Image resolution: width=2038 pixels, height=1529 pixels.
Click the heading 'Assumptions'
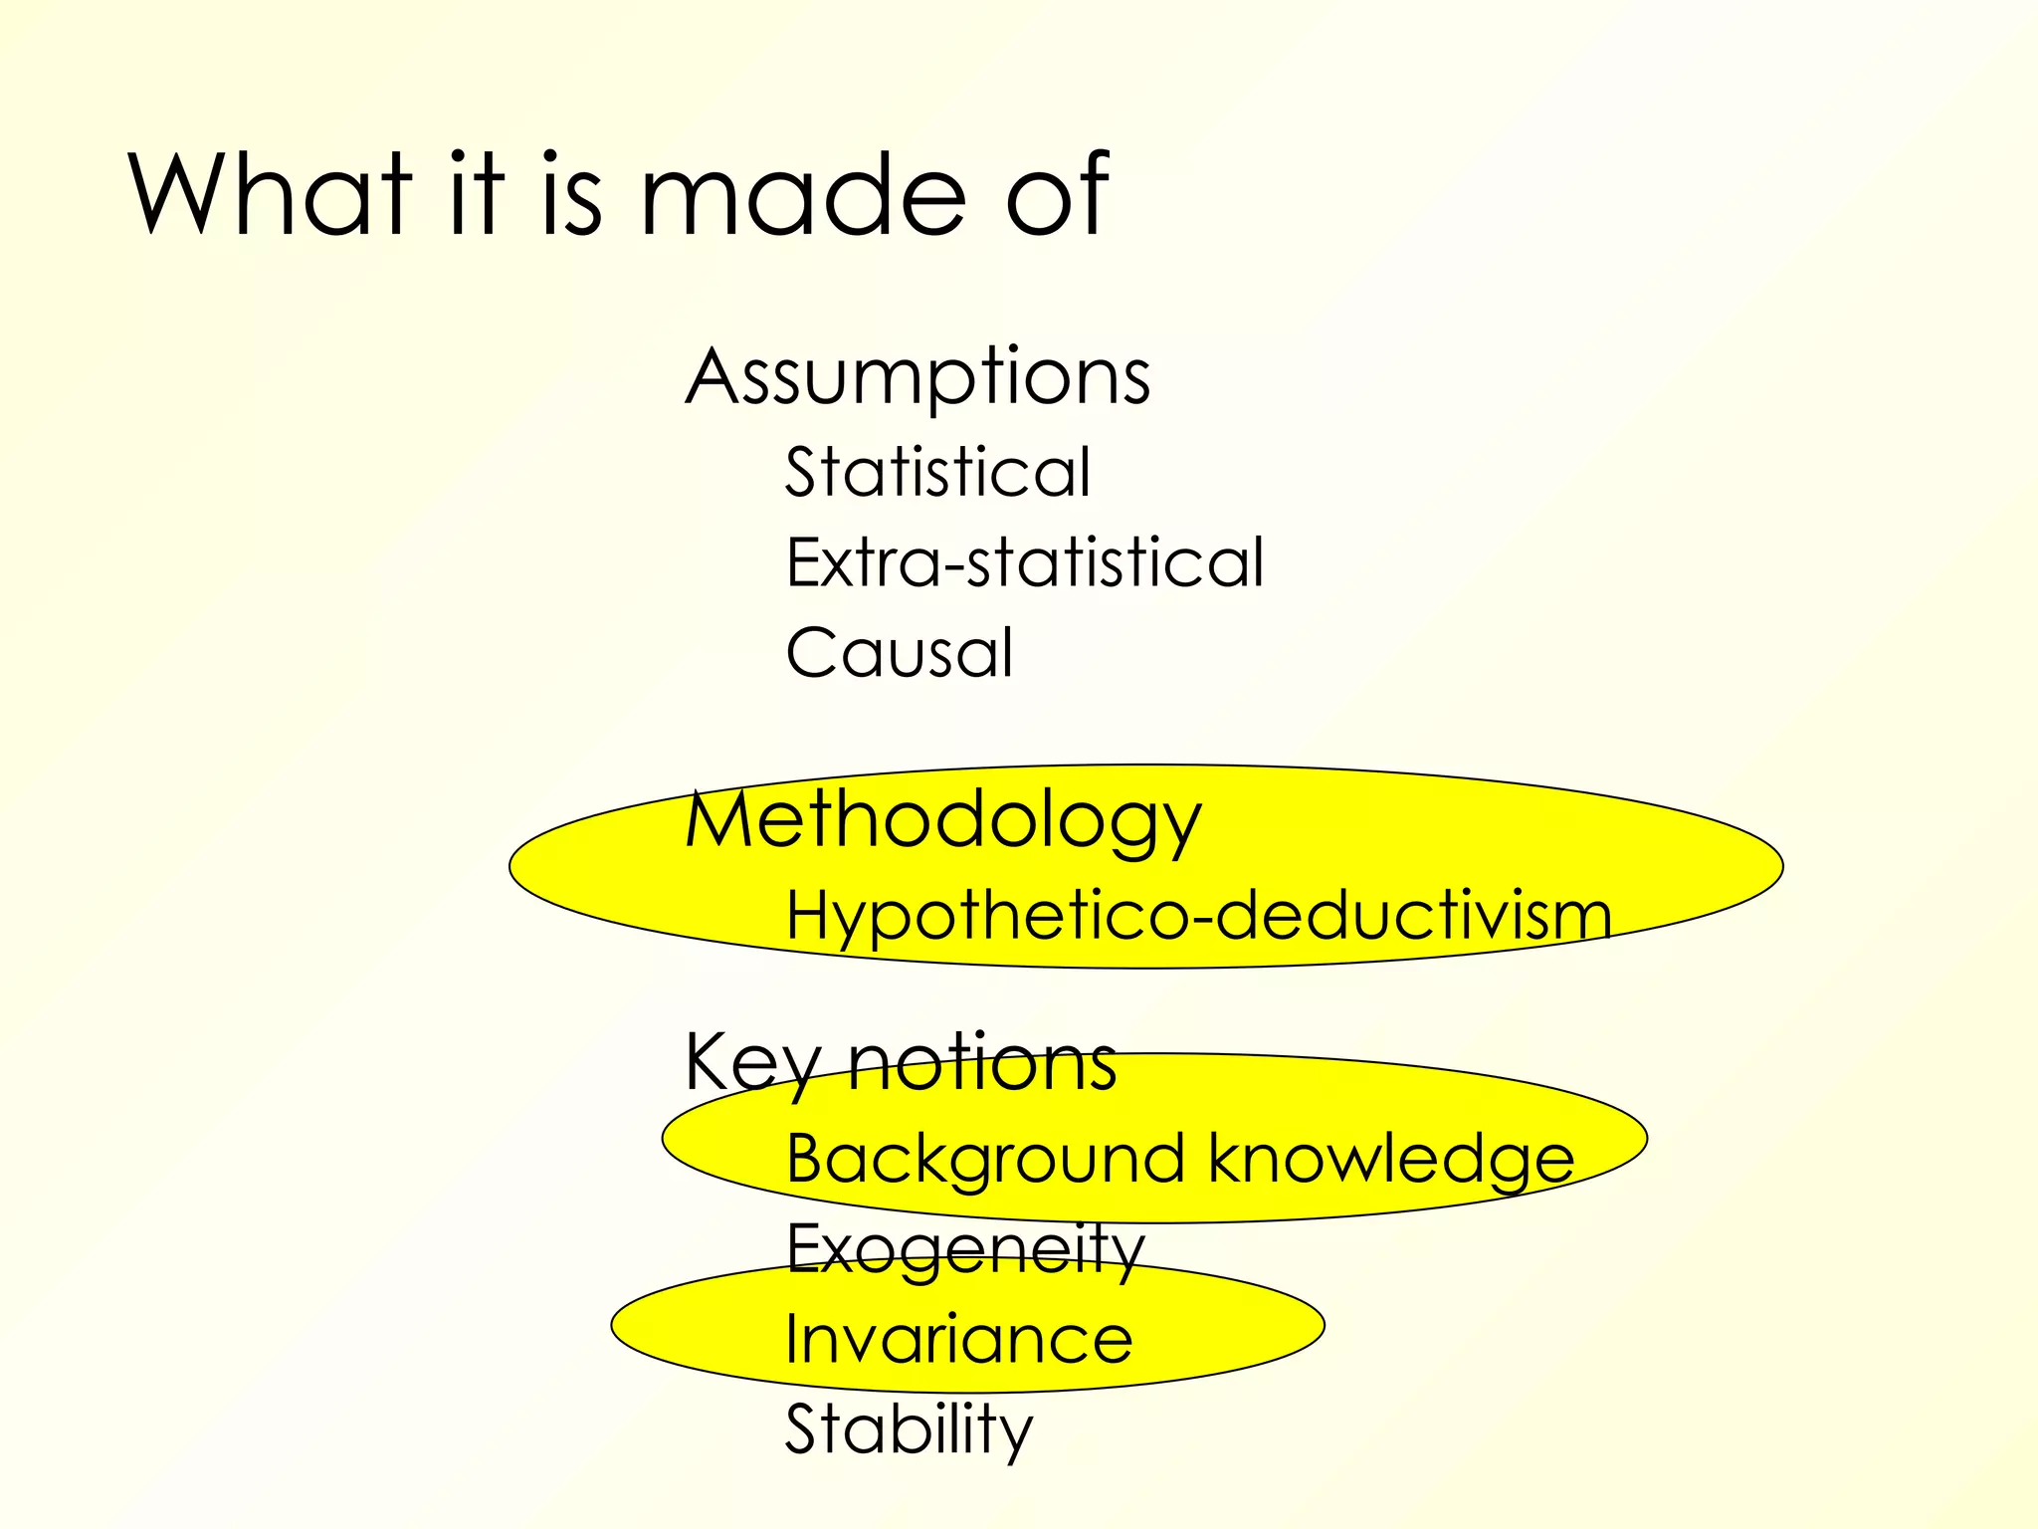click(917, 377)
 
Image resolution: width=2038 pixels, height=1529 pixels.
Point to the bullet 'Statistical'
click(937, 472)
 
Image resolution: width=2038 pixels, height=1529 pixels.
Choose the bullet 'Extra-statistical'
click(1024, 562)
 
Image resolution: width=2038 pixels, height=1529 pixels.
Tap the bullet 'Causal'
click(899, 653)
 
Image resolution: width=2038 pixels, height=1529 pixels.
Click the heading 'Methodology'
click(942, 822)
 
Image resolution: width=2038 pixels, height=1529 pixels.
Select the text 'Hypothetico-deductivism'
click(1198, 915)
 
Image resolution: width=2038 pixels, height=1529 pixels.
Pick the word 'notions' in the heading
click(982, 1063)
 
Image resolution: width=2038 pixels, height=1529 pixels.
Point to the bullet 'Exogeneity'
click(964, 1249)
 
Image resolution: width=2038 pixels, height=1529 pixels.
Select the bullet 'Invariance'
click(958, 1339)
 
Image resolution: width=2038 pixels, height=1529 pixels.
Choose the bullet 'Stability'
click(909, 1429)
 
